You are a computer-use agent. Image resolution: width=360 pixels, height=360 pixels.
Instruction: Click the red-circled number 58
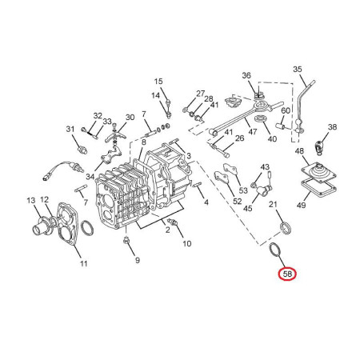pos(287,274)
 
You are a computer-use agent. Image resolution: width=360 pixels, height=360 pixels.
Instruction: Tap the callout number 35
pos(298,69)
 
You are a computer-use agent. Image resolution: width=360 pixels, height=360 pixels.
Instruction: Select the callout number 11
pos(84,264)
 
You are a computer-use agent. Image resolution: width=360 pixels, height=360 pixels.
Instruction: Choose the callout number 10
pos(187,243)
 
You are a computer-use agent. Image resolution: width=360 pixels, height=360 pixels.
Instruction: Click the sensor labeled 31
pos(82,149)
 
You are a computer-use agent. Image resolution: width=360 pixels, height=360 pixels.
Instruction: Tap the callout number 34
pos(90,177)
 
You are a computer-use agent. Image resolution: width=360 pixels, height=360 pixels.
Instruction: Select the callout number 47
pos(252,131)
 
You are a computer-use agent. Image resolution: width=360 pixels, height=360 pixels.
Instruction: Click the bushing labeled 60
pos(282,125)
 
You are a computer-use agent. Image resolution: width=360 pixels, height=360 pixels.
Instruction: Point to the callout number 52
pos(237,201)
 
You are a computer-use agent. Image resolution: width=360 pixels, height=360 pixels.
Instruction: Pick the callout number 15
pos(158,82)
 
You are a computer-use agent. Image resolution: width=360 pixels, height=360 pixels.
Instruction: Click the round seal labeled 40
pos(261,118)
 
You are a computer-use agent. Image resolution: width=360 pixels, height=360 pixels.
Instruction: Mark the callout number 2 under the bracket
pos(167,230)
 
